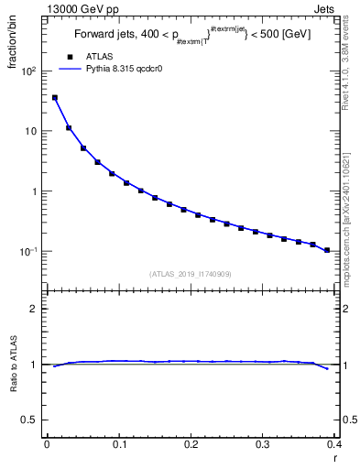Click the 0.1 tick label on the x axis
coord(118,445)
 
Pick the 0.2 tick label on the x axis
coord(191,445)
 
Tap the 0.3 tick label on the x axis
coord(262,445)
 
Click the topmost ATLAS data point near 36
coord(54,97)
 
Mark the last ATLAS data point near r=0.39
coord(327,250)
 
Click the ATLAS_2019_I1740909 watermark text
coord(191,274)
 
